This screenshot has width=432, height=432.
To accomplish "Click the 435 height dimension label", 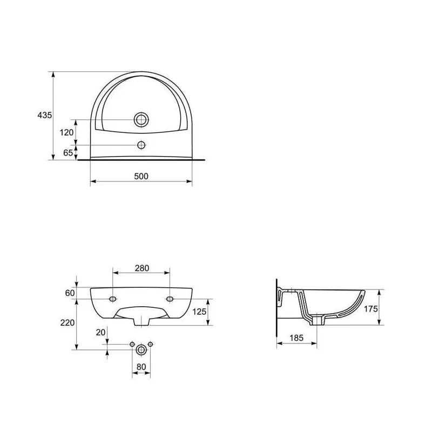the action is (45, 115).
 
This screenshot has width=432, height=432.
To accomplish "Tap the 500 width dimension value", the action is (141, 176).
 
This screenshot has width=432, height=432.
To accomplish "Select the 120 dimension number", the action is (66, 132).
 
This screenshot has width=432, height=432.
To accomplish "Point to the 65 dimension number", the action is (68, 152).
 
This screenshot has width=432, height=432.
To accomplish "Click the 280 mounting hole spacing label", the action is (142, 268).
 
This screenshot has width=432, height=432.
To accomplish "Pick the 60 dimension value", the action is (70, 293).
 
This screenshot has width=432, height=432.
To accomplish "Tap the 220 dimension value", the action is (67, 322).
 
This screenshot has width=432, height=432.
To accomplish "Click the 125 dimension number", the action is (199, 312).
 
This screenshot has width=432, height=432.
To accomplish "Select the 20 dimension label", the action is (100, 333).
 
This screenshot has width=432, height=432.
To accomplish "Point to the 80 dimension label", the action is (141, 367).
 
